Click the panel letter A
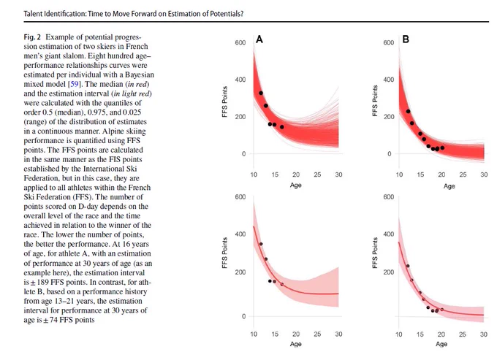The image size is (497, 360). [259, 39]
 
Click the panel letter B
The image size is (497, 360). [406, 39]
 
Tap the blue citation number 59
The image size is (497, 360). [75, 84]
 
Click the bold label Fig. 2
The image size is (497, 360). [32, 37]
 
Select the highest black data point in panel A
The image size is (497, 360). [261, 93]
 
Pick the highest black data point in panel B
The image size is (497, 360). [409, 112]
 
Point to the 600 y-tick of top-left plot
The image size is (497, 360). [240, 43]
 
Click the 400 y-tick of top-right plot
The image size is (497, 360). [389, 80]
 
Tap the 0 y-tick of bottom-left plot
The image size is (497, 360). [243, 316]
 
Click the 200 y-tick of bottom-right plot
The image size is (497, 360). [389, 272]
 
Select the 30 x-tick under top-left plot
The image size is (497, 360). [338, 175]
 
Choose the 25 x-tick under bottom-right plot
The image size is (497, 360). [463, 334]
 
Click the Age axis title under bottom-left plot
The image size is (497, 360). [296, 344]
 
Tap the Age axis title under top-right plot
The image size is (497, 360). [449, 186]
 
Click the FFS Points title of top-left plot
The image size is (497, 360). [224, 102]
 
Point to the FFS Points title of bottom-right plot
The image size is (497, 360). [375, 253]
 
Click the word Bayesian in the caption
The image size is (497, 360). [140, 74]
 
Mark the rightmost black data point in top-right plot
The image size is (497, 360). [442, 148]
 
